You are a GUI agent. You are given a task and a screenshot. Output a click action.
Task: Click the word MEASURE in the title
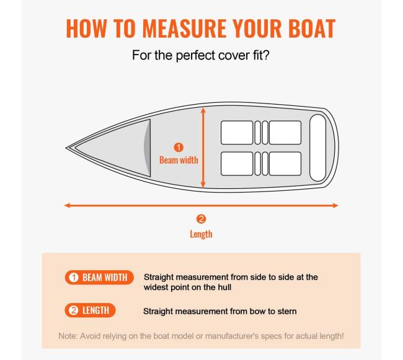pyautogui.click(x=184, y=29)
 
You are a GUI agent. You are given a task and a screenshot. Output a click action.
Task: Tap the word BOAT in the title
pyautogui.click(x=312, y=29)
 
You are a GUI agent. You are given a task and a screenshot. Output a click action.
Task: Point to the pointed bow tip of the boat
pyautogui.click(x=66, y=148)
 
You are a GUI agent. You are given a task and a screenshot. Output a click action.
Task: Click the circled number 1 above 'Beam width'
pyautogui.click(x=179, y=147)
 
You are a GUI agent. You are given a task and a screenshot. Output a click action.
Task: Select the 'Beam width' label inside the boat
pyautogui.click(x=179, y=160)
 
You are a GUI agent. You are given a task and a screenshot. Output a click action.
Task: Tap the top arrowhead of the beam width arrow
pyautogui.click(x=203, y=110)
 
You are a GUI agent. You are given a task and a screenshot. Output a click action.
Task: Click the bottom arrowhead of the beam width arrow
pyautogui.click(x=203, y=185)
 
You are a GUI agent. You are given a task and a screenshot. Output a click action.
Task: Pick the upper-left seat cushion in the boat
pyautogui.click(x=237, y=133)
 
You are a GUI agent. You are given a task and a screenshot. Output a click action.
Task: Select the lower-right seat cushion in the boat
pyautogui.click(x=285, y=164)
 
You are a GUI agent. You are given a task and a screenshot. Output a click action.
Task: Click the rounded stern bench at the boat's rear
pyautogui.click(x=318, y=148)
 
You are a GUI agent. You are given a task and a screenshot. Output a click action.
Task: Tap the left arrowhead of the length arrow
pyautogui.click(x=68, y=206)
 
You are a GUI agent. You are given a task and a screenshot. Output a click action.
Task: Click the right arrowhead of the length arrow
pyautogui.click(x=335, y=206)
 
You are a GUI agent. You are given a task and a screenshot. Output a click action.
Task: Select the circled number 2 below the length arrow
pyautogui.click(x=201, y=219)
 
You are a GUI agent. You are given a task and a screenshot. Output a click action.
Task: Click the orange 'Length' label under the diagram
pyautogui.click(x=201, y=234)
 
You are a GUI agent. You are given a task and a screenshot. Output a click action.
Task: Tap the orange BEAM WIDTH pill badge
pyautogui.click(x=99, y=278)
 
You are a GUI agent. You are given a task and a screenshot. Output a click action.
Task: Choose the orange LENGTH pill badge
pyautogui.click(x=91, y=310)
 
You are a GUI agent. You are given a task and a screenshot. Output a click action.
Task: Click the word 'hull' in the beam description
pyautogui.click(x=224, y=287)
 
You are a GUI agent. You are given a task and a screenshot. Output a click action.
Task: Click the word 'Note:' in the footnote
pyautogui.click(x=68, y=336)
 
